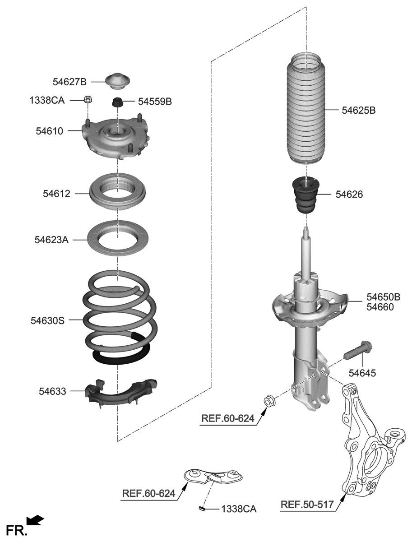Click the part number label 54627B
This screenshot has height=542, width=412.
[69, 82]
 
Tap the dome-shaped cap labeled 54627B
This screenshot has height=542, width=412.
[118, 81]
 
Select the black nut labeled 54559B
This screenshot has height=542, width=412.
[118, 103]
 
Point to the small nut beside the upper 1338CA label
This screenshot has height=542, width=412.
[88, 99]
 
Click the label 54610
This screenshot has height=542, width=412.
[50, 131]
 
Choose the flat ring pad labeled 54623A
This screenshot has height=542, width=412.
[118, 237]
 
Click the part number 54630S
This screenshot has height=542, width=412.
[47, 321]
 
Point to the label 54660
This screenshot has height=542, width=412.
[380, 307]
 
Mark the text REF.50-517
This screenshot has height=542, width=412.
[308, 504]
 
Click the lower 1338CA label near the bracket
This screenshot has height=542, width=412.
[238, 509]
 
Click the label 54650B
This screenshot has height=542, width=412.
[383, 297]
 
